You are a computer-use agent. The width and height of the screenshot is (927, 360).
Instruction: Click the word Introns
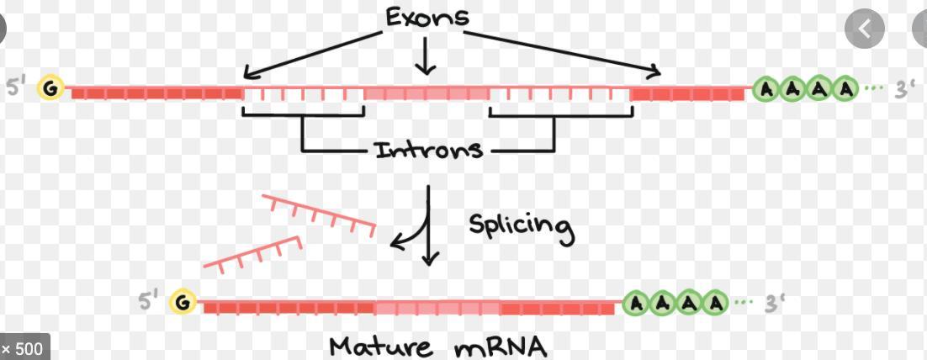click(428, 151)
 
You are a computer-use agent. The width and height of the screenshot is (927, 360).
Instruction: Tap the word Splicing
click(521, 226)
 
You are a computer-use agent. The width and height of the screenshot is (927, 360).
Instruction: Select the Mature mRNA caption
click(437, 345)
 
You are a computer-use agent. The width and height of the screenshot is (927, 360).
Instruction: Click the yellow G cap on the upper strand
click(52, 88)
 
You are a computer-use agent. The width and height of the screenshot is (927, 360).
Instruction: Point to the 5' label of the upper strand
click(18, 87)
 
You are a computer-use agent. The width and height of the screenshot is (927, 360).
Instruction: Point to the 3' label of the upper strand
click(904, 88)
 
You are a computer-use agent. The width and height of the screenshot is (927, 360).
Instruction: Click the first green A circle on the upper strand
click(766, 88)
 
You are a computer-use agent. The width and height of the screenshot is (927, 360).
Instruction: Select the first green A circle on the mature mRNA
click(637, 303)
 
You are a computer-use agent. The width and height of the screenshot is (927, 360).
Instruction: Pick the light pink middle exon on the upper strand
click(426, 93)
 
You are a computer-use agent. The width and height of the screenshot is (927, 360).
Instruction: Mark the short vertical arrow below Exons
click(426, 56)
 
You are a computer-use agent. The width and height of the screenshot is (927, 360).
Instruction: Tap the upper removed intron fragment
click(319, 214)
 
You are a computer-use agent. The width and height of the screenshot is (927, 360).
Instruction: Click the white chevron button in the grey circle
click(865, 30)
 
